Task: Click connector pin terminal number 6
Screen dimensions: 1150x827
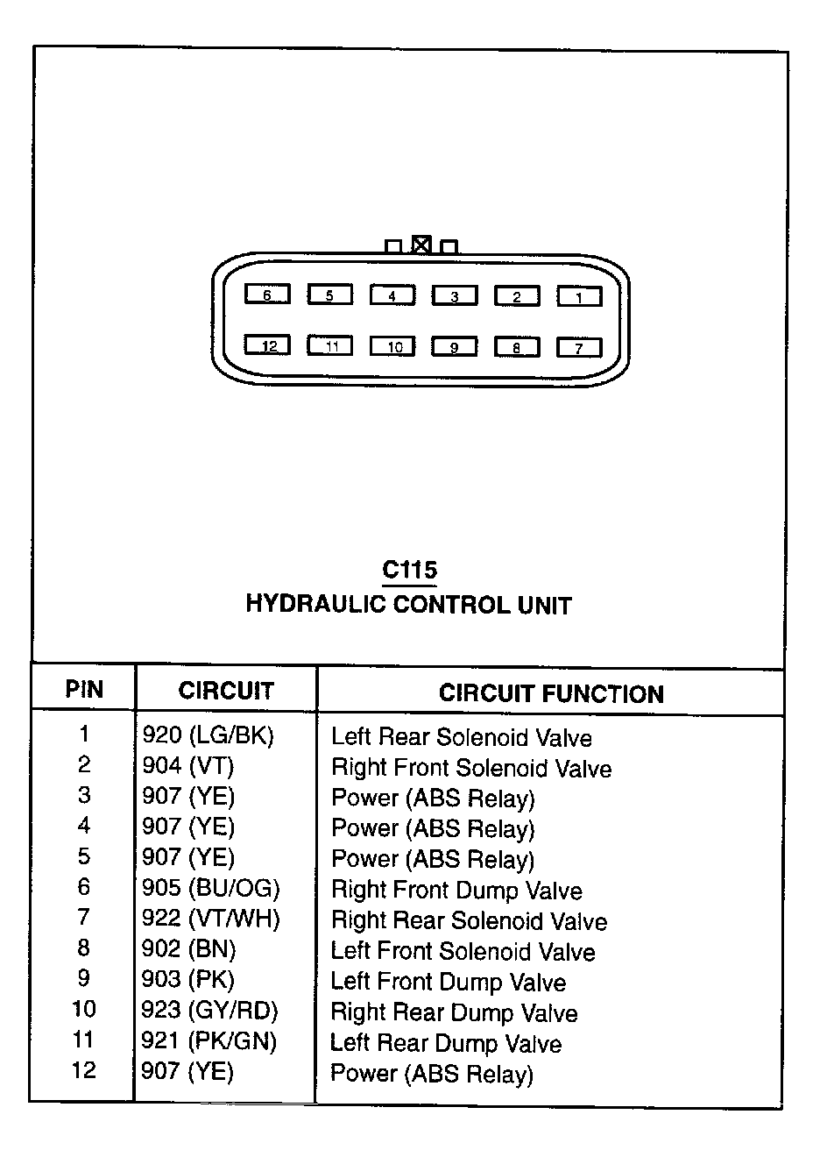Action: pyautogui.click(x=267, y=295)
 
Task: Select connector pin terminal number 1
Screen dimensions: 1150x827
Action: pyautogui.click(x=579, y=297)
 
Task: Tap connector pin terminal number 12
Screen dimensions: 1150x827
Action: pyautogui.click(x=267, y=345)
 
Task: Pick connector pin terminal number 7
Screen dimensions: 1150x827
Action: pyautogui.click(x=579, y=348)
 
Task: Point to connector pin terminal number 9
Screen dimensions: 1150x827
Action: pyautogui.click(x=454, y=347)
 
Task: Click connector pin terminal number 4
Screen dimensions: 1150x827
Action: pyautogui.click(x=392, y=295)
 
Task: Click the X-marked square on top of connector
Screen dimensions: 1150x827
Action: pyautogui.click(x=421, y=245)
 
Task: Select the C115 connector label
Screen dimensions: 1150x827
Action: pyautogui.click(x=409, y=571)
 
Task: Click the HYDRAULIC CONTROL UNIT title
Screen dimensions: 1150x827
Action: pyautogui.click(x=408, y=605)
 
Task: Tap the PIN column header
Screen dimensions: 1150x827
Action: pyautogui.click(x=84, y=690)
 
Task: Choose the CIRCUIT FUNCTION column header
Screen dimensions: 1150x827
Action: pyautogui.click(x=551, y=694)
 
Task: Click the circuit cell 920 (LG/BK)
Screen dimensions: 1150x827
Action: pyautogui.click(x=209, y=736)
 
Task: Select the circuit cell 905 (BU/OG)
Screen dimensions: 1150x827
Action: pyautogui.click(x=210, y=888)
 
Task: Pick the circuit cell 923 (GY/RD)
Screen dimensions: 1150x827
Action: pyautogui.click(x=209, y=1011)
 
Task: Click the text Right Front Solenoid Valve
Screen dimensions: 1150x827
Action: pyautogui.click(x=471, y=769)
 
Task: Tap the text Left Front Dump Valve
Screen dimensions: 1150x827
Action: pyautogui.click(x=448, y=983)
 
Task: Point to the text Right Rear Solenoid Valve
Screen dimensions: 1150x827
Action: pyautogui.click(x=469, y=921)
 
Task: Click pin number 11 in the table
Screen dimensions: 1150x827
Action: pyautogui.click(x=84, y=1040)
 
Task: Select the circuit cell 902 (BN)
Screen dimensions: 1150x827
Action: pyautogui.click(x=188, y=949)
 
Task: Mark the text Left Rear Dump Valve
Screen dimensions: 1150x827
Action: pyautogui.click(x=446, y=1044)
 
